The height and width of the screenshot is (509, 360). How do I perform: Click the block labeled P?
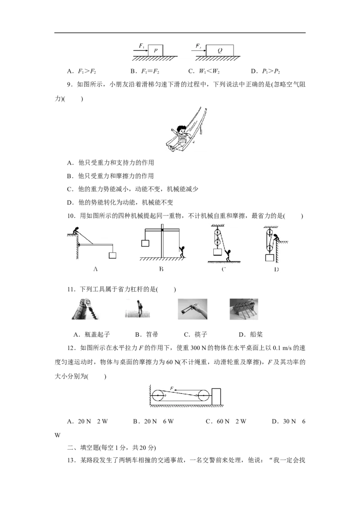coord(155,51)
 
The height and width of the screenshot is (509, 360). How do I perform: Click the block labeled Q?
coord(220,51)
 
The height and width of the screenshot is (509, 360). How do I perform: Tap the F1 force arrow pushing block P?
coord(141,51)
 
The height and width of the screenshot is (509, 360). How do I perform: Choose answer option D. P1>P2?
coord(265,71)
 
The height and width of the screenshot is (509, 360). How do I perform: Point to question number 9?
coord(70,85)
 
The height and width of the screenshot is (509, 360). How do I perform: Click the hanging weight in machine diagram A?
coord(112,255)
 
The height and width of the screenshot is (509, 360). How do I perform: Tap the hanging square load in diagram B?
coord(145,243)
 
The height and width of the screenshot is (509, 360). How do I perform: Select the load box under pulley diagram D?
coord(270,258)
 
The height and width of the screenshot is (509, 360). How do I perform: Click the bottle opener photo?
coord(85,309)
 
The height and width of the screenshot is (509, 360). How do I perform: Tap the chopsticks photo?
coord(192,309)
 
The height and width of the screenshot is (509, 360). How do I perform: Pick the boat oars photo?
coord(244,309)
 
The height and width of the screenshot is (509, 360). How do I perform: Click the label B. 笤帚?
coord(147,335)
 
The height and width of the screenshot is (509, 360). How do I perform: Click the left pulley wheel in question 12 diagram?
coord(157,396)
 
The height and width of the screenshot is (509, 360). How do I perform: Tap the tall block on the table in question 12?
coord(216,397)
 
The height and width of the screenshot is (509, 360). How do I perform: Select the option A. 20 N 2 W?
coord(87,421)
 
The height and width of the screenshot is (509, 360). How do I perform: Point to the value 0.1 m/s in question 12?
coord(282,348)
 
